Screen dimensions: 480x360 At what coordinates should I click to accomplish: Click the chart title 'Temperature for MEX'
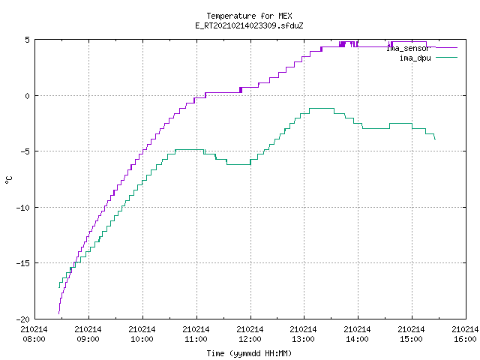[249, 16]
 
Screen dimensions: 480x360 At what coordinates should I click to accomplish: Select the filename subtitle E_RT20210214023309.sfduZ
[249, 25]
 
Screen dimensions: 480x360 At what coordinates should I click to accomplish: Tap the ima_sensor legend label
[408, 48]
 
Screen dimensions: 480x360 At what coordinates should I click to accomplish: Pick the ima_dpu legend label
[415, 58]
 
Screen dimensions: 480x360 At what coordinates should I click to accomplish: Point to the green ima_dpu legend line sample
[446, 57]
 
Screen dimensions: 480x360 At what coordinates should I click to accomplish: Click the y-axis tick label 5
[28, 40]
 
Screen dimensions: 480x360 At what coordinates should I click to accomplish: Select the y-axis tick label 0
[28, 96]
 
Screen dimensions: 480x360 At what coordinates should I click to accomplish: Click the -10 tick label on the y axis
[23, 208]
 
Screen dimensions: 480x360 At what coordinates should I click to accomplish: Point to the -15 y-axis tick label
[23, 263]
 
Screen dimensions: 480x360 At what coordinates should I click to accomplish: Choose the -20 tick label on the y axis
[23, 319]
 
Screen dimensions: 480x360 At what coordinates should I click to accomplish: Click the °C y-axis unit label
[8, 180]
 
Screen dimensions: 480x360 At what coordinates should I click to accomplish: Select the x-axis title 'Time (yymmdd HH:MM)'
[249, 353]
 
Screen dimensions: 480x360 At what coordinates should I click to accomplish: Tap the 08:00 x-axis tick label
[34, 339]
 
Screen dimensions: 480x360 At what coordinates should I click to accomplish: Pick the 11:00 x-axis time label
[196, 339]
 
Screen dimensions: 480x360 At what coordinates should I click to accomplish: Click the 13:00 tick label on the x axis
[304, 339]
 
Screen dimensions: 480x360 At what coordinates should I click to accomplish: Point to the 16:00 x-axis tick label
[465, 339]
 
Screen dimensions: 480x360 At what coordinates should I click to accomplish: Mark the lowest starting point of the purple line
[59, 313]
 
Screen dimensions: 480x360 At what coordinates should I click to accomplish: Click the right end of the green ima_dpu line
[435, 139]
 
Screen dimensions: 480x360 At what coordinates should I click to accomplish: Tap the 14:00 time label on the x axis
[358, 339]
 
